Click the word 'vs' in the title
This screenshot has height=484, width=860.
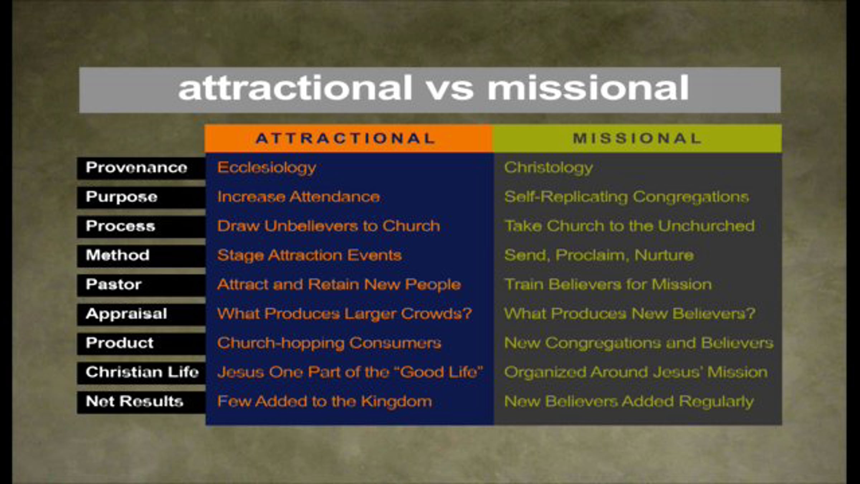coord(450,89)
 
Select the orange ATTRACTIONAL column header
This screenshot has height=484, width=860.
coord(349,138)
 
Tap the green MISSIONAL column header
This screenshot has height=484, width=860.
coord(637,138)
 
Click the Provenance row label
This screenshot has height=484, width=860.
coord(141,168)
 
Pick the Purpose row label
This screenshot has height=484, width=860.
coord(141,197)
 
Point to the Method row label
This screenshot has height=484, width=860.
coord(141,256)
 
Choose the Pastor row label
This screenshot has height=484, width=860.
coord(141,285)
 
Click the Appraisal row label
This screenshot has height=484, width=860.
coord(141,314)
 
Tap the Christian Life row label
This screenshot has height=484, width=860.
coord(141,373)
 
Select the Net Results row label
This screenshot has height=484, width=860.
coord(141,402)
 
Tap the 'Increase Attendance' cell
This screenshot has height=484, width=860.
coord(298,197)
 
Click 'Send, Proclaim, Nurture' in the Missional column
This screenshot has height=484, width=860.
coord(599,256)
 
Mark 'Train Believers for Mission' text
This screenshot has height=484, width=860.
coord(608,285)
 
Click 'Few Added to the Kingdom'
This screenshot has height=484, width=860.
coord(324,402)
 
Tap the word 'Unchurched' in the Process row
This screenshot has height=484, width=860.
coord(706,226)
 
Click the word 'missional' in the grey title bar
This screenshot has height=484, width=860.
coord(588,88)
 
